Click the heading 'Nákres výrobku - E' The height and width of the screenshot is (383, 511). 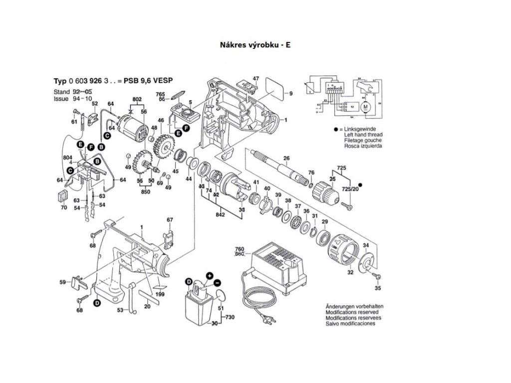pyautogui.click(x=255, y=44)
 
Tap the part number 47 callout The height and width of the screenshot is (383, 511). pyautogui.click(x=255, y=79)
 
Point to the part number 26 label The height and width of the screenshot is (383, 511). pyautogui.click(x=286, y=159)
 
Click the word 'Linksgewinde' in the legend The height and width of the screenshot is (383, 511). pyautogui.click(x=360, y=130)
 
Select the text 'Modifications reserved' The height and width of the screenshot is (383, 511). pyautogui.click(x=353, y=312)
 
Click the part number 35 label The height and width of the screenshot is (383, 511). pyautogui.click(x=378, y=289)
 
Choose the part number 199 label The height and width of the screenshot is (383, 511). pyautogui.click(x=160, y=295)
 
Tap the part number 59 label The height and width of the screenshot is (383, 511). pyautogui.click(x=63, y=283)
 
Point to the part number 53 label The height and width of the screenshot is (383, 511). pyautogui.click(x=120, y=310)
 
